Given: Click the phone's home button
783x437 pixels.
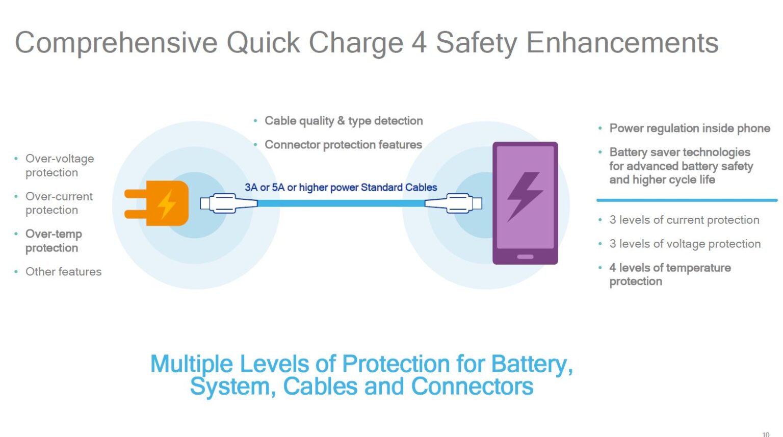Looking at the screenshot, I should (525, 256).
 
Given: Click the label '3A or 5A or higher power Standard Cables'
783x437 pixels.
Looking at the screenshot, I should (341, 187).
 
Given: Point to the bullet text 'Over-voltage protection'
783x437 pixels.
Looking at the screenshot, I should (59, 165).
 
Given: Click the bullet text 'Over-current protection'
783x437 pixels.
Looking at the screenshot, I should (59, 203).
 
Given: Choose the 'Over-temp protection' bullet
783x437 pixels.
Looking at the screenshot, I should (54, 241).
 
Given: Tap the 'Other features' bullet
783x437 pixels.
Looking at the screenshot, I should (63, 271).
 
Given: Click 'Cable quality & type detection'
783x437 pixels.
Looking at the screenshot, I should (344, 121).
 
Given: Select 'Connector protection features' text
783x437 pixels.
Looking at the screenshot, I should (343, 145).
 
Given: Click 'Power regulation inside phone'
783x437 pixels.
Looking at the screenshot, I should (689, 128).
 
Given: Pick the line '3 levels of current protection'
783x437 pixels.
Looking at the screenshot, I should (684, 220).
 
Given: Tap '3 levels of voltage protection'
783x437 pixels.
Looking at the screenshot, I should (685, 244).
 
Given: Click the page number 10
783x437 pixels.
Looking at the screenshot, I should (765, 434).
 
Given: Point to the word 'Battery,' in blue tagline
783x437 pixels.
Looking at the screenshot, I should (532, 364).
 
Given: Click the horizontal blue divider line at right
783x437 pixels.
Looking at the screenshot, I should (687, 200).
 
